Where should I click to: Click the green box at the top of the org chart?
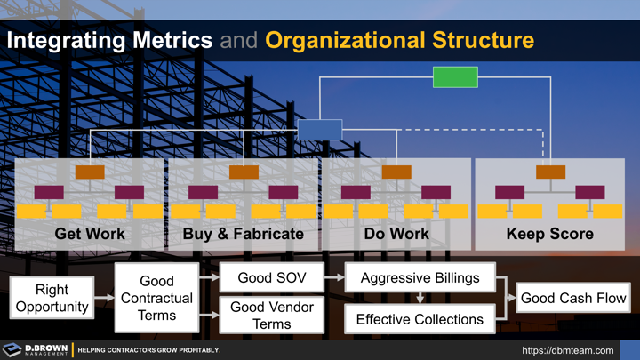[x=455, y=77]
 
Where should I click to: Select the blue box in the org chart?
[x=320, y=130]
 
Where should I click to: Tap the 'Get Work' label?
[x=90, y=235]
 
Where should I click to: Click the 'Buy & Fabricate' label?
[x=243, y=235]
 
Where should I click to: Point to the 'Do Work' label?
[x=396, y=235]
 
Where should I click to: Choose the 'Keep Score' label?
[x=549, y=235]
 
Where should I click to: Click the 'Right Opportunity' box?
[x=52, y=298]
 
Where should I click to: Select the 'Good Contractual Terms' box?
[x=156, y=298]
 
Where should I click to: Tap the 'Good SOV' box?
[x=272, y=278]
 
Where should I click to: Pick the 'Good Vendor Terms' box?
[x=272, y=316]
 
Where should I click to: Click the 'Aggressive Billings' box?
[x=420, y=278]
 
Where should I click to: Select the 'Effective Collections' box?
[x=420, y=318]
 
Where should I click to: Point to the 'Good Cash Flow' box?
[x=573, y=298]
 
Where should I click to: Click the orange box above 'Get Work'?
[x=90, y=172]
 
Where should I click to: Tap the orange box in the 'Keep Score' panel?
[x=550, y=172]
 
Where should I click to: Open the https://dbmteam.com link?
[x=567, y=350]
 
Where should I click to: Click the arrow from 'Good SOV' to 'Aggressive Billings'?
[x=334, y=278]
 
